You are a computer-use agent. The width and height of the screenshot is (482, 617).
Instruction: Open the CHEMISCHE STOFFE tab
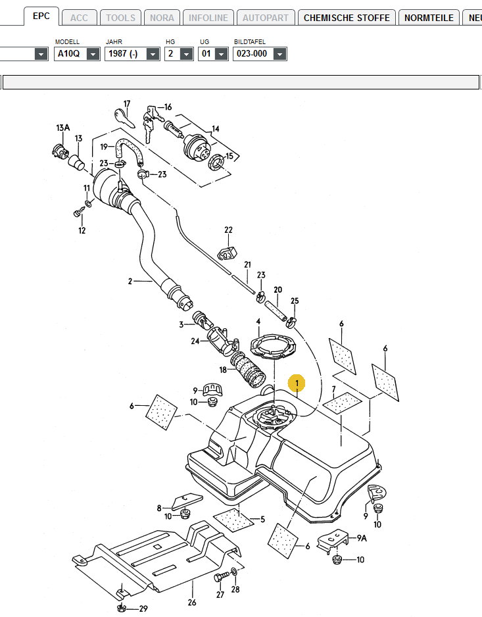[347, 18]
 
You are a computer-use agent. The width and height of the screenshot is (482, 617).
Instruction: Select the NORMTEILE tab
[429, 18]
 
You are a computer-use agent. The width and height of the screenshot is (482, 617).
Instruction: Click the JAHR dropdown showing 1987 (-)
[132, 53]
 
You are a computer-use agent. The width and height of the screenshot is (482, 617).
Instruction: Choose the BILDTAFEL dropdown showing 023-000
[260, 53]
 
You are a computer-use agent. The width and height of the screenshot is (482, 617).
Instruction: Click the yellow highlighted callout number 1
[297, 383]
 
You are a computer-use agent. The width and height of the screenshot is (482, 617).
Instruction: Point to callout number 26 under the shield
[192, 602]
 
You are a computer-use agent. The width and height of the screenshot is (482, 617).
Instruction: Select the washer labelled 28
[235, 572]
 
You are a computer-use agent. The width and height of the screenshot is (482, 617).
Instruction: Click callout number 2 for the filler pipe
[130, 282]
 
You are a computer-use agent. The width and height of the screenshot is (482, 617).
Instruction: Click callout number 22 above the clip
[228, 230]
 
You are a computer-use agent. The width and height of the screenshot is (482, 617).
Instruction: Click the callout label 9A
[362, 538]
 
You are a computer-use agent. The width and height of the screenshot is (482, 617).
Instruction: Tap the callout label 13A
[62, 127]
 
